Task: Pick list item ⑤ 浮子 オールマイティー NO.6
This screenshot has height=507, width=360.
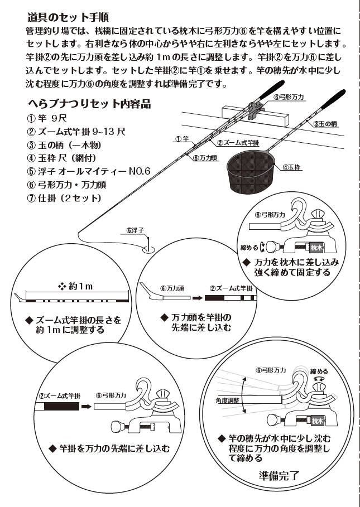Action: pyautogui.click(x=88, y=171)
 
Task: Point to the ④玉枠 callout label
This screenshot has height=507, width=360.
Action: pyautogui.click(x=291, y=166)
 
